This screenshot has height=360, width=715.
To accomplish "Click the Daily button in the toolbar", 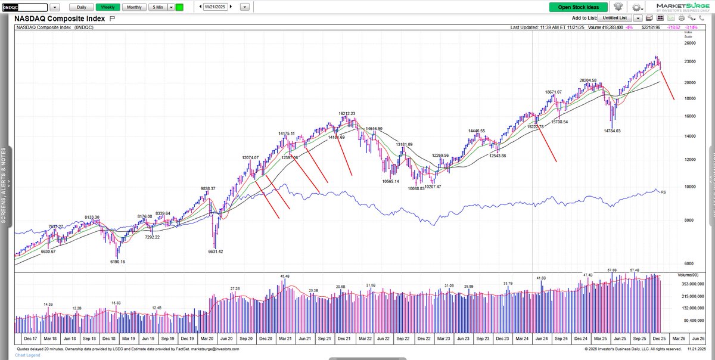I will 81,7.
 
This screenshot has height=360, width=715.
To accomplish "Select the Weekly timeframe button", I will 108,7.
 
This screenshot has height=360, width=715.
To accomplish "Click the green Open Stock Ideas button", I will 579,7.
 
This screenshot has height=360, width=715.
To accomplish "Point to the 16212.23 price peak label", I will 347,113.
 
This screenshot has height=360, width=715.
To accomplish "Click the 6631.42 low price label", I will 215,252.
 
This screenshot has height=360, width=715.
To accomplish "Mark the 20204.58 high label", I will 592,80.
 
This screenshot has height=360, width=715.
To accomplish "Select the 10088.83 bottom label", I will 416,188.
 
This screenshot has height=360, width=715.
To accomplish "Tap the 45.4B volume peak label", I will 284,277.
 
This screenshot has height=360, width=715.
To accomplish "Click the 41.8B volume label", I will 541,278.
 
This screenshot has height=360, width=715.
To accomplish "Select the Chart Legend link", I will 28,355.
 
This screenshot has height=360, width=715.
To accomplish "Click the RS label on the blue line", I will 663,192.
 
